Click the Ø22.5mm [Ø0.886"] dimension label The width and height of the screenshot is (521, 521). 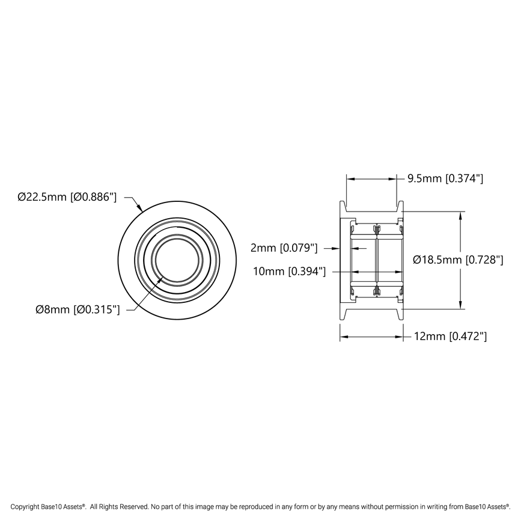click(x=67, y=197)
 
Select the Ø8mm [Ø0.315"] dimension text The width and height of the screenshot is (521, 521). click(x=78, y=309)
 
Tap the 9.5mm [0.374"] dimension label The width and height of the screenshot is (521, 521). click(x=445, y=178)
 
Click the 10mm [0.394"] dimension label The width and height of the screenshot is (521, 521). click(x=290, y=272)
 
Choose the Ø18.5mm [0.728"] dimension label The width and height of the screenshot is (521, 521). click(x=459, y=260)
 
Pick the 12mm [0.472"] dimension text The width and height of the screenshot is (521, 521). click(x=450, y=337)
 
